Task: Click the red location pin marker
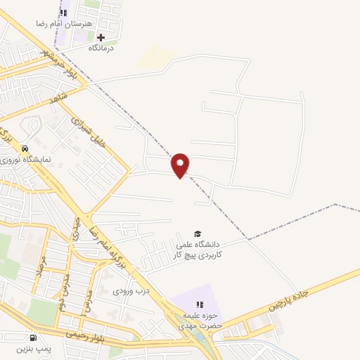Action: pos(181,165)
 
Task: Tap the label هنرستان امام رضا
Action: pos(63,24)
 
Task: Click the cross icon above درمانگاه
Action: pos(101,37)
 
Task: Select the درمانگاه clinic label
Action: pos(102,49)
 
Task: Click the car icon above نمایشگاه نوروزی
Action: pos(25,148)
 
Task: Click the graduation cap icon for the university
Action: pos(198,233)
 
